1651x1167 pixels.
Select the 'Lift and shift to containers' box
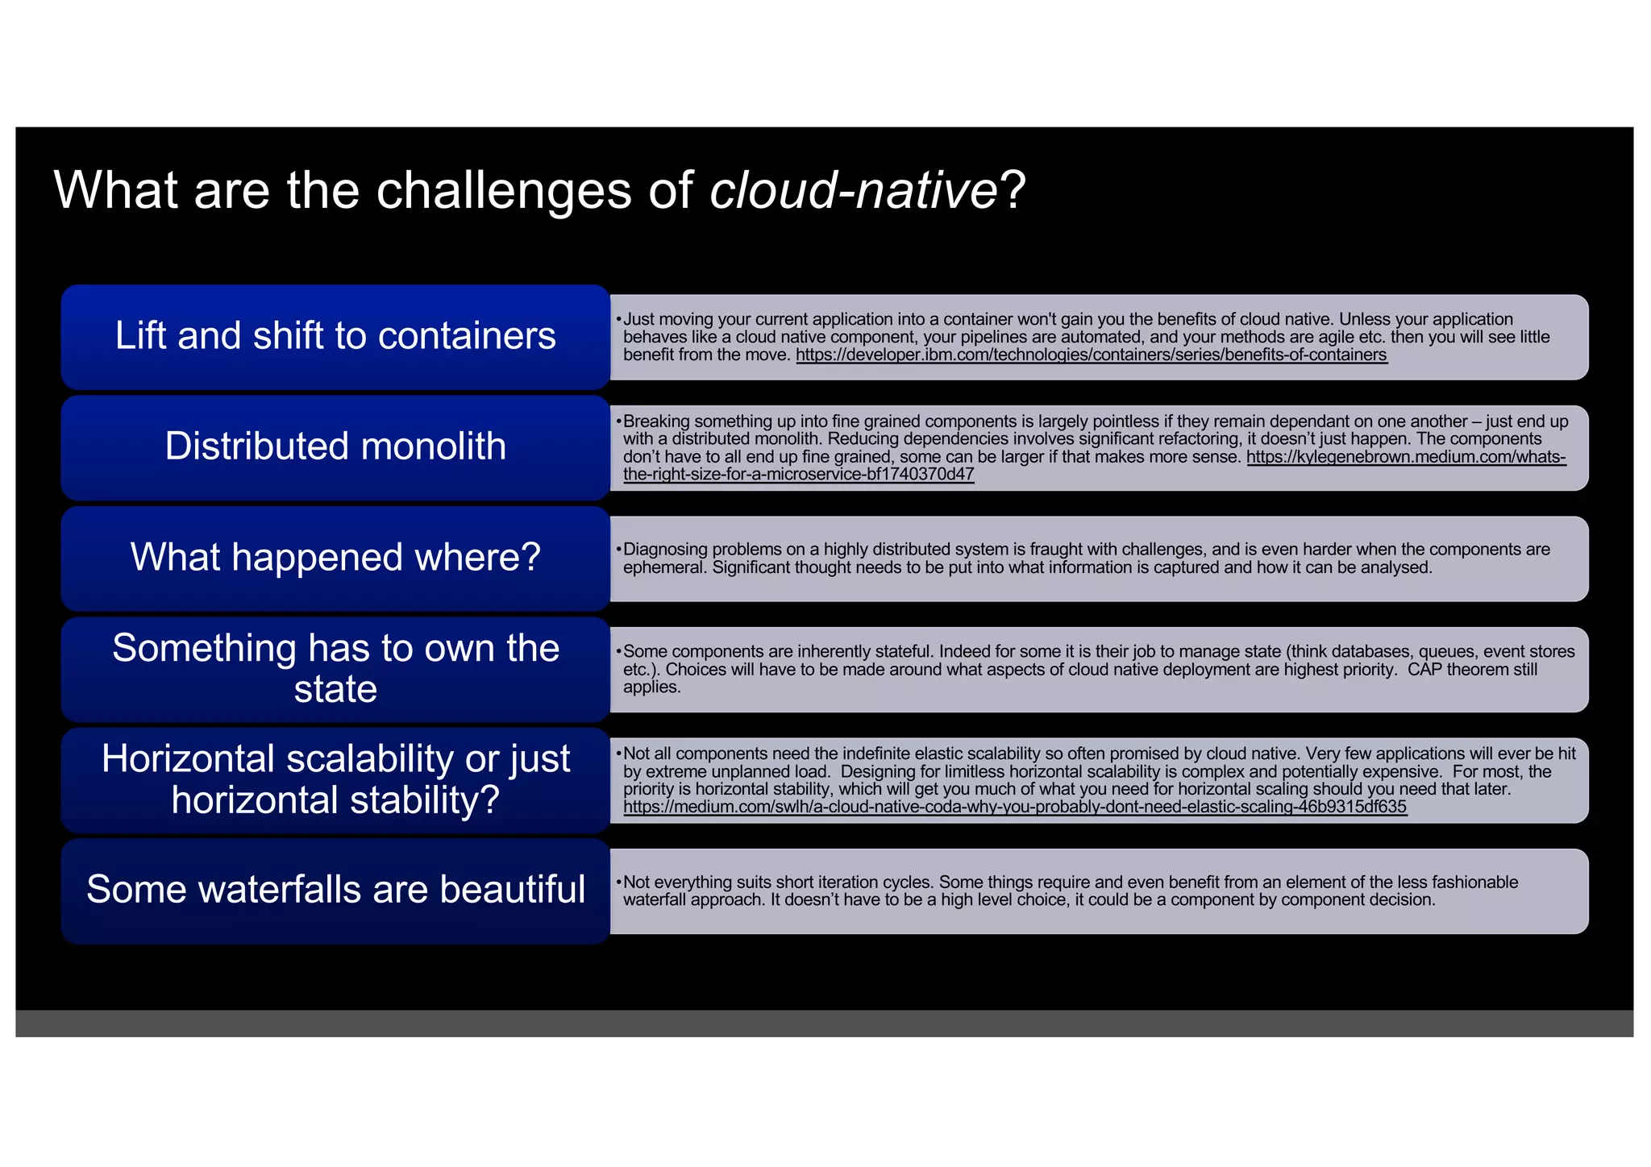tap(335, 336)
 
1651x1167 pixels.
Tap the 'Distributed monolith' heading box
tap(335, 446)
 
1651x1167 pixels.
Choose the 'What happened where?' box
tap(335, 558)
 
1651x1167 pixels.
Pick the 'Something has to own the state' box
tap(335, 668)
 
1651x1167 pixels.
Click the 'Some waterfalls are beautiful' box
tap(335, 890)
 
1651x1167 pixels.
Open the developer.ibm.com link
tap(1091, 355)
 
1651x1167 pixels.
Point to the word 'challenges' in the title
tap(504, 191)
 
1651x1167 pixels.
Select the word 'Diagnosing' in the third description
tap(663, 550)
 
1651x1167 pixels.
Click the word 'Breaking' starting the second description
tap(656, 422)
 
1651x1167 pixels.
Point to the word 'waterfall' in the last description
tap(655, 900)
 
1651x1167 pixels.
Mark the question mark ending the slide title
tap(1013, 191)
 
